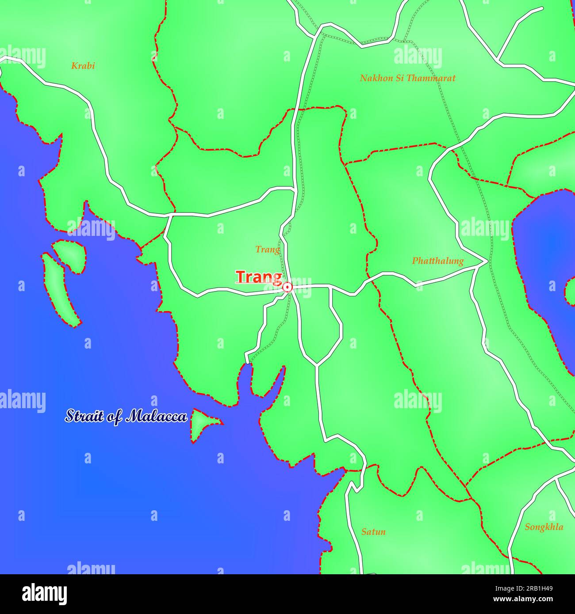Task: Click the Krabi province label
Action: (83, 66)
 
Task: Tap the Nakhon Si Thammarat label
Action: (407, 78)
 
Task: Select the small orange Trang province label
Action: (268, 250)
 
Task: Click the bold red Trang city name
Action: (258, 277)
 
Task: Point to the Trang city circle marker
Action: (287, 287)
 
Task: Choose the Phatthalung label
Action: (437, 261)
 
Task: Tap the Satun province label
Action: (373, 531)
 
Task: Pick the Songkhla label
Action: (544, 527)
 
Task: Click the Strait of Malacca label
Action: (126, 416)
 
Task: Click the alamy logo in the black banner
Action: (45, 594)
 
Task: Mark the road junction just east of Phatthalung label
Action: (487, 262)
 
